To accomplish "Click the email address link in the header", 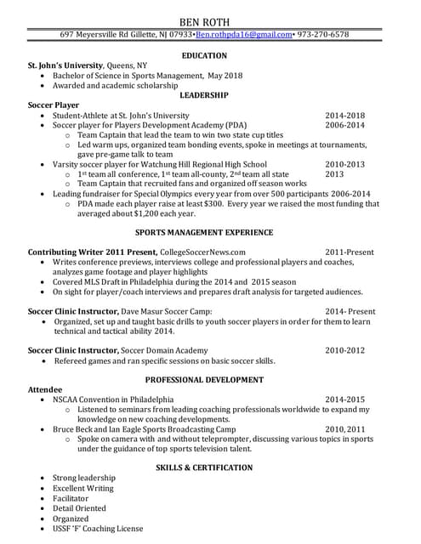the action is click(x=244, y=35).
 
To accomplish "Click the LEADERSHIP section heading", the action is click(x=204, y=95).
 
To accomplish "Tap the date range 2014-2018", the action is click(x=344, y=116).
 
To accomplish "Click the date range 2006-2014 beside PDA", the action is click(x=344, y=125).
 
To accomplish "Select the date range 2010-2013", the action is click(x=344, y=164).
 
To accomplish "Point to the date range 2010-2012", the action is click(x=344, y=350).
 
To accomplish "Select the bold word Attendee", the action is click(x=45, y=388).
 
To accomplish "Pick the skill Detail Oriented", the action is click(x=79, y=508).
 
